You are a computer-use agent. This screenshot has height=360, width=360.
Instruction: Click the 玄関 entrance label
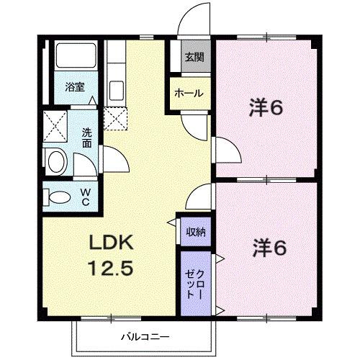(x=194, y=57)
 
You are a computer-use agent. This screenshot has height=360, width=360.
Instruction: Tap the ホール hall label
(x=189, y=93)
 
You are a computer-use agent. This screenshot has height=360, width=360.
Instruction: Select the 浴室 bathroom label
(x=75, y=87)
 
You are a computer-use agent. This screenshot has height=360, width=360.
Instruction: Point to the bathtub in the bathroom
(x=76, y=55)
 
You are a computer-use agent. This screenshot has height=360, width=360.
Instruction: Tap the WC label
(x=86, y=197)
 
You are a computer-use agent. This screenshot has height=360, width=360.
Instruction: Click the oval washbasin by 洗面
(x=58, y=161)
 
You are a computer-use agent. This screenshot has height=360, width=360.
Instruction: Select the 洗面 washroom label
(x=86, y=138)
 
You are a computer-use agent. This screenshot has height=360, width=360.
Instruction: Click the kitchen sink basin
(x=117, y=91)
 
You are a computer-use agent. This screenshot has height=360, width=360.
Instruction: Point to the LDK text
(x=112, y=243)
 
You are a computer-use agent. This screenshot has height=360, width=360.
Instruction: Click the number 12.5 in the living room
(x=111, y=268)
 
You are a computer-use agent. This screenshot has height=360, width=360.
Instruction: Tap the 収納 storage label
(x=196, y=232)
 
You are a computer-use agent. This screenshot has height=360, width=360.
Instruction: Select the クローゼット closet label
(x=195, y=284)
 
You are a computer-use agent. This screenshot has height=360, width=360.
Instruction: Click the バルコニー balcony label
(x=145, y=337)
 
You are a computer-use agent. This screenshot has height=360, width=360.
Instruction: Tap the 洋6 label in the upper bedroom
(x=266, y=108)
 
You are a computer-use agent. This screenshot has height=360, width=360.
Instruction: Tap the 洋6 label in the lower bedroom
(x=269, y=248)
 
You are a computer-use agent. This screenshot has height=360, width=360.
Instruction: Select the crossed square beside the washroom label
(x=55, y=126)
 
